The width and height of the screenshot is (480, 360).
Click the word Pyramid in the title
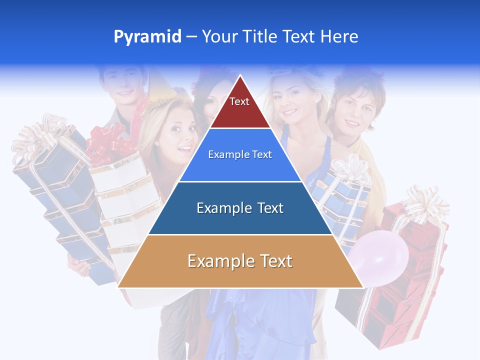tap(147, 37)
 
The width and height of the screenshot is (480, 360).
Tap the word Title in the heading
tap(259, 37)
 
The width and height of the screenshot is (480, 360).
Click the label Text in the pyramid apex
tap(239, 101)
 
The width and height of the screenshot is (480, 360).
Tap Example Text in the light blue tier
tap(240, 154)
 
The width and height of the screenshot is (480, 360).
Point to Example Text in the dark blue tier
tap(240, 207)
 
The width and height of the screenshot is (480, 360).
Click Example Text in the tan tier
tap(240, 261)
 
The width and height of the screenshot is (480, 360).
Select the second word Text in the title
tap(298, 37)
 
